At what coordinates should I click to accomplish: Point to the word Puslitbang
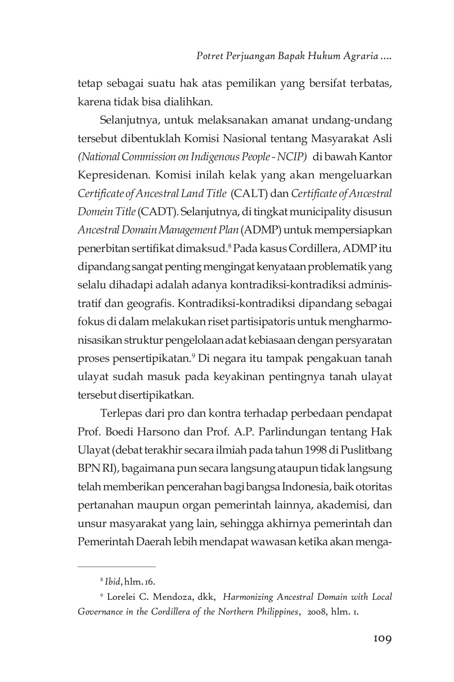[x=366, y=451]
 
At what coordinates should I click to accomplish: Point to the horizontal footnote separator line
[x=117, y=567]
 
